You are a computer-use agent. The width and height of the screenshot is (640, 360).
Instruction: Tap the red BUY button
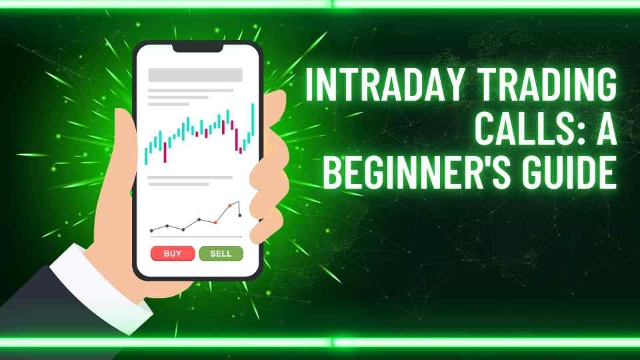173,253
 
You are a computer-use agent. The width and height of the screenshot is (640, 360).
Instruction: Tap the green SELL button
221,253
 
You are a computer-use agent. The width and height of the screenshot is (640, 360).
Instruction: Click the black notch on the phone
197,47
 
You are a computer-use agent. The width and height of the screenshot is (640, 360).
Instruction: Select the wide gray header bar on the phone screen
195,75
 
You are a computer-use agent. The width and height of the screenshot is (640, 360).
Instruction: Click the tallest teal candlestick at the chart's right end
253,119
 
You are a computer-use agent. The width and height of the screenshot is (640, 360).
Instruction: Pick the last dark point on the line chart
240,215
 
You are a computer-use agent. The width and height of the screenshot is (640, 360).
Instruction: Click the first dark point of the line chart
151,231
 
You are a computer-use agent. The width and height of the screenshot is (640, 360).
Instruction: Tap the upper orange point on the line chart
230,205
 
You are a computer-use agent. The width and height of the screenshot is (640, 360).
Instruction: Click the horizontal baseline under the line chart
196,237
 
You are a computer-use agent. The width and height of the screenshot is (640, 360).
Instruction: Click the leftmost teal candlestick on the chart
146,156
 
